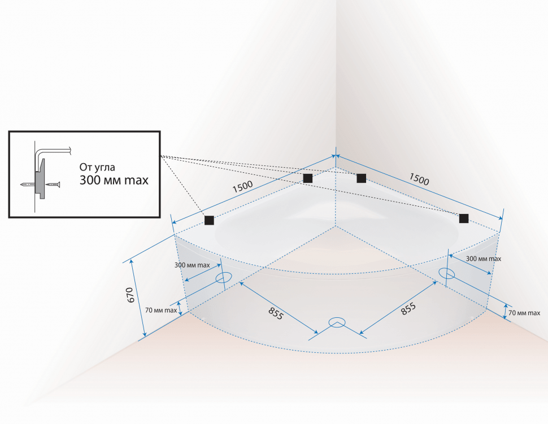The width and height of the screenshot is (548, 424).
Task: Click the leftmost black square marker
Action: tap(209, 220)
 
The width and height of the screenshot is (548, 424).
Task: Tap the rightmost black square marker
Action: tap(464, 218)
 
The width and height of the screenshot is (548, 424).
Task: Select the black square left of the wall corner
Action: tap(307, 178)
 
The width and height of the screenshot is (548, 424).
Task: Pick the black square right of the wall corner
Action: tap(362, 178)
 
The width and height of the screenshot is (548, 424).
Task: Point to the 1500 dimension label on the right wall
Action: tap(419, 179)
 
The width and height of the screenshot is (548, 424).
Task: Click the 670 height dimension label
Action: tap(130, 295)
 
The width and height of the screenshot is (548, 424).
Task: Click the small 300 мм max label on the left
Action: tap(192, 265)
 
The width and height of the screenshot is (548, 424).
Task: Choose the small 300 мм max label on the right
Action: tap(484, 259)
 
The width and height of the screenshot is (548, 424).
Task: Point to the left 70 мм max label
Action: tap(161, 310)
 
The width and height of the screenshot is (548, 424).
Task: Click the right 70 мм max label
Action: tap(524, 313)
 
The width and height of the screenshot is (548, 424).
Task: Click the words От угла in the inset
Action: tap(97, 167)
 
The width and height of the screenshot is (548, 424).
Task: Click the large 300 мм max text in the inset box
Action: tap(114, 180)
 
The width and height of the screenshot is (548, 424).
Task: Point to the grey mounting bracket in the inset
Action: tap(40, 179)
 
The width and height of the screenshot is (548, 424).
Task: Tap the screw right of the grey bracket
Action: tap(53, 183)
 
